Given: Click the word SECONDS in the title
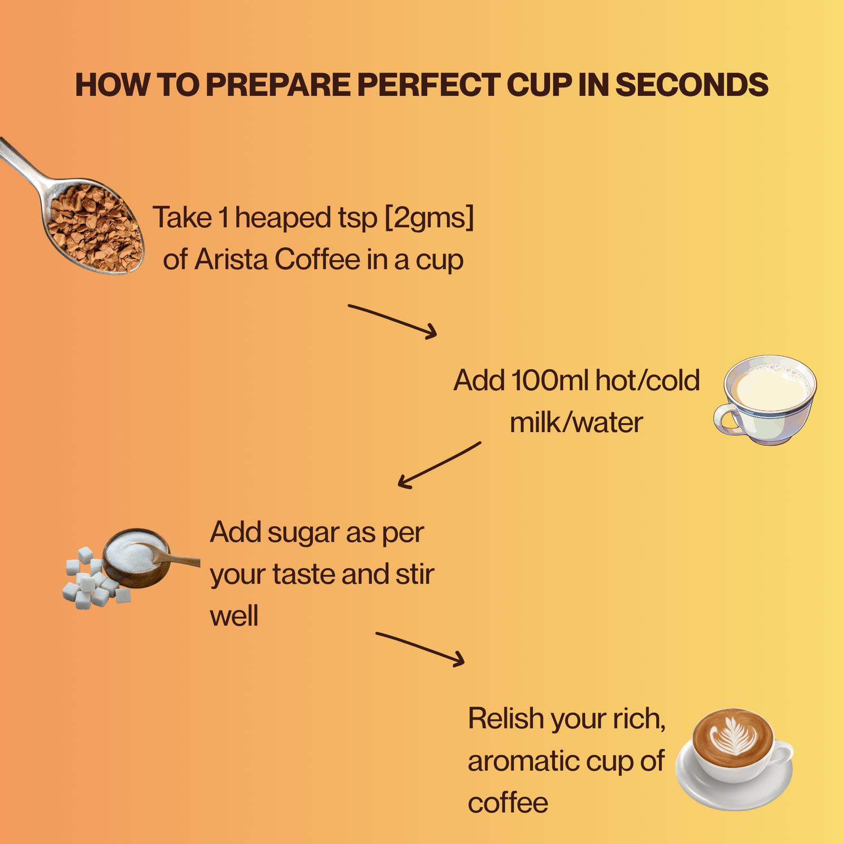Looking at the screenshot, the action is pos(692,85).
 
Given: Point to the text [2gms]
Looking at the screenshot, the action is pos(429,218).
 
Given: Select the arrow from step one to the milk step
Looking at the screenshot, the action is pos(392,321).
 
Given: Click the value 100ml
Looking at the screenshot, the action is pos(549,380).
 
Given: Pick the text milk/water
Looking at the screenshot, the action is pos(576,423).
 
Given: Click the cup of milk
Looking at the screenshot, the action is pos(765,399).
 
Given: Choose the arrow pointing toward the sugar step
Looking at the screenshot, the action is pos(439,465).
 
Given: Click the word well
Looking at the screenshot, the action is pos(234,616).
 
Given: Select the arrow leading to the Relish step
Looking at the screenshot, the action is pos(420,649).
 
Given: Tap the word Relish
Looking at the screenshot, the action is pos(506,718).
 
